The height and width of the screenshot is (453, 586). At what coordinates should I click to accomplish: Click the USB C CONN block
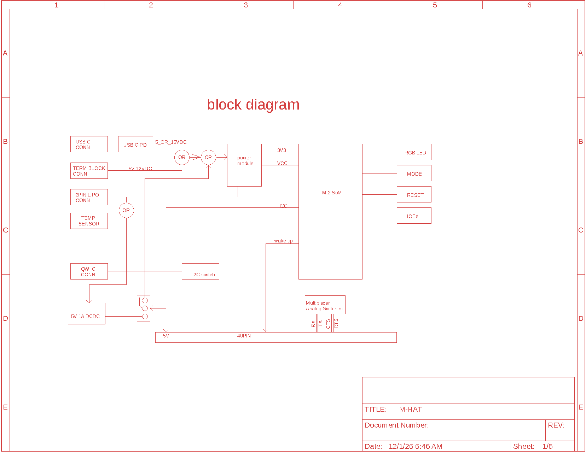[x=89, y=144]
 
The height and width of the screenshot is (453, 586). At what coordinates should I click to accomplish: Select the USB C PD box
[x=135, y=144]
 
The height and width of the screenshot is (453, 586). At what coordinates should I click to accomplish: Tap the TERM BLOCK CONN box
[x=89, y=171]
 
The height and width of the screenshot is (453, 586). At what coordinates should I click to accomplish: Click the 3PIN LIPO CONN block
[x=89, y=197]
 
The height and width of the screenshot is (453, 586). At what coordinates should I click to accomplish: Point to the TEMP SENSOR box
[x=89, y=221]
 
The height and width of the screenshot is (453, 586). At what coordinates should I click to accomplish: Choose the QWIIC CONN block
[x=89, y=271]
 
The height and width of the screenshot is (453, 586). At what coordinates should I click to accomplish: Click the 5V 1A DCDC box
[x=86, y=313]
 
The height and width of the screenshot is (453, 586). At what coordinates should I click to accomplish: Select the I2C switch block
[x=200, y=271]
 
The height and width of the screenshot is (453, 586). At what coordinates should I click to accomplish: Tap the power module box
[x=244, y=165]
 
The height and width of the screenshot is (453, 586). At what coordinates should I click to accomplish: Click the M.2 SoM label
[x=331, y=193]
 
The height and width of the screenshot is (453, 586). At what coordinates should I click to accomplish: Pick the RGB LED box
[x=414, y=152]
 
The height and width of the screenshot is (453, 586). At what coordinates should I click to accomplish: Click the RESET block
[x=414, y=195]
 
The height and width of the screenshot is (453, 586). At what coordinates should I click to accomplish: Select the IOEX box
[x=414, y=216]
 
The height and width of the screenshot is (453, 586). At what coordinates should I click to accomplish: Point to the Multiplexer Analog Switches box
[x=325, y=305]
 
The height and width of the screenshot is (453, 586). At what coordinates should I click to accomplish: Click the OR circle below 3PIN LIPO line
[x=126, y=210]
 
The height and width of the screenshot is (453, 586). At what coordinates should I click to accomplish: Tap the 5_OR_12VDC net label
[x=171, y=142]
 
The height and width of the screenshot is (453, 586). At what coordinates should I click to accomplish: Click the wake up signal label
[x=283, y=241]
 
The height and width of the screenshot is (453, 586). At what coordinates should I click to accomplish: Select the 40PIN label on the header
[x=244, y=336]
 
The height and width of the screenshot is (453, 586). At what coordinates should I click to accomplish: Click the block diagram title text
[x=253, y=105]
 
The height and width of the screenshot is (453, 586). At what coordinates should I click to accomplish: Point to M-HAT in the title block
[x=410, y=409]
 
